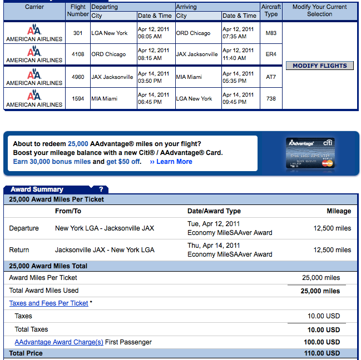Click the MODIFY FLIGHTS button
click(x=320, y=66)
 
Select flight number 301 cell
click(x=78, y=33)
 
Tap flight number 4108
click(x=78, y=54)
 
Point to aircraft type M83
click(x=271, y=33)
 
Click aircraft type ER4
click(x=271, y=54)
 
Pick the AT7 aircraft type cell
click(x=271, y=77)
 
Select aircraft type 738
click(x=271, y=98)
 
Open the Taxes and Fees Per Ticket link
click(x=48, y=303)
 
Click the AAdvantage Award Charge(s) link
click(x=59, y=342)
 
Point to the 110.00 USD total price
click(x=324, y=353)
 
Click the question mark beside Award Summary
click(x=101, y=189)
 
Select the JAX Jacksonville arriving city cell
click(x=197, y=54)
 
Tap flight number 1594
click(x=78, y=98)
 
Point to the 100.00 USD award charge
click(x=324, y=342)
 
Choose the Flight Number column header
click(x=78, y=11)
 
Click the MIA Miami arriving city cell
click(x=190, y=77)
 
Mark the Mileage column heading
click(x=339, y=211)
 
